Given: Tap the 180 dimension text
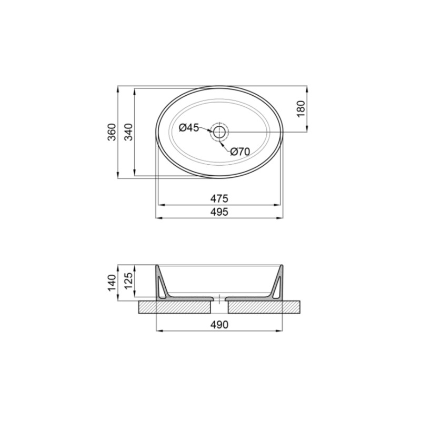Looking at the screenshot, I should tap(300, 108).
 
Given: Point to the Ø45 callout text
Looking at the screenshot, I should tap(188, 128).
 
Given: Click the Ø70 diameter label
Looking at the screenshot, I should tap(239, 152).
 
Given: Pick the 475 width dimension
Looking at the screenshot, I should tap(219, 198).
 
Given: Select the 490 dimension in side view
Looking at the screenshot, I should tap(219, 325).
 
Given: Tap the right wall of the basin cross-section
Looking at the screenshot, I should tap(277, 284).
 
